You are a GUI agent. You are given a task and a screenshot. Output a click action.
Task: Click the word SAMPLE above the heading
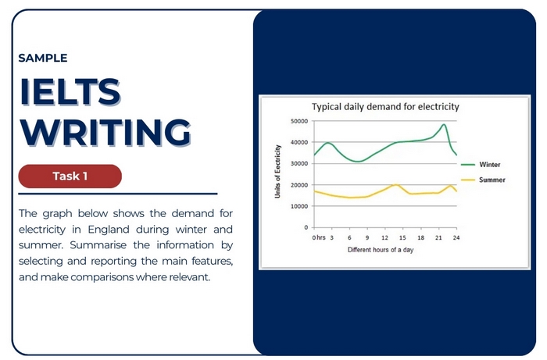[x=42, y=58]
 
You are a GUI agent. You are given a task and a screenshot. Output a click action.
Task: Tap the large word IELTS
[x=70, y=93]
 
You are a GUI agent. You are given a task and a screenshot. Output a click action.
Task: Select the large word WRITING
[x=105, y=132]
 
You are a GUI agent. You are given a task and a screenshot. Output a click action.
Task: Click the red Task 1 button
[x=70, y=176]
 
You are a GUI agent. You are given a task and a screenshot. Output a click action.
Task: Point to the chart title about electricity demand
[x=385, y=106]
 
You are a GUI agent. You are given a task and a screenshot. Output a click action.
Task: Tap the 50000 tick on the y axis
[x=299, y=121]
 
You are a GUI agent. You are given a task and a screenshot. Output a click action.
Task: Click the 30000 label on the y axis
[x=299, y=163]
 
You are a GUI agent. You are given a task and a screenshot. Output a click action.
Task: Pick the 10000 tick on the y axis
[x=299, y=206]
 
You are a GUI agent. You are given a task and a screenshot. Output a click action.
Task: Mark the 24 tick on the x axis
[x=456, y=237]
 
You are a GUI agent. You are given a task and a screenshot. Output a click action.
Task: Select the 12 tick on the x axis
[x=384, y=237]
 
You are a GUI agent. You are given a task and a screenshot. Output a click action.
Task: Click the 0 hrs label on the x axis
[x=318, y=237]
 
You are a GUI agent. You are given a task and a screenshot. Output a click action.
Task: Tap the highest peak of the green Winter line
[x=444, y=124]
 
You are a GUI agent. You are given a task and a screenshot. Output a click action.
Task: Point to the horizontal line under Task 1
[x=117, y=194]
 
